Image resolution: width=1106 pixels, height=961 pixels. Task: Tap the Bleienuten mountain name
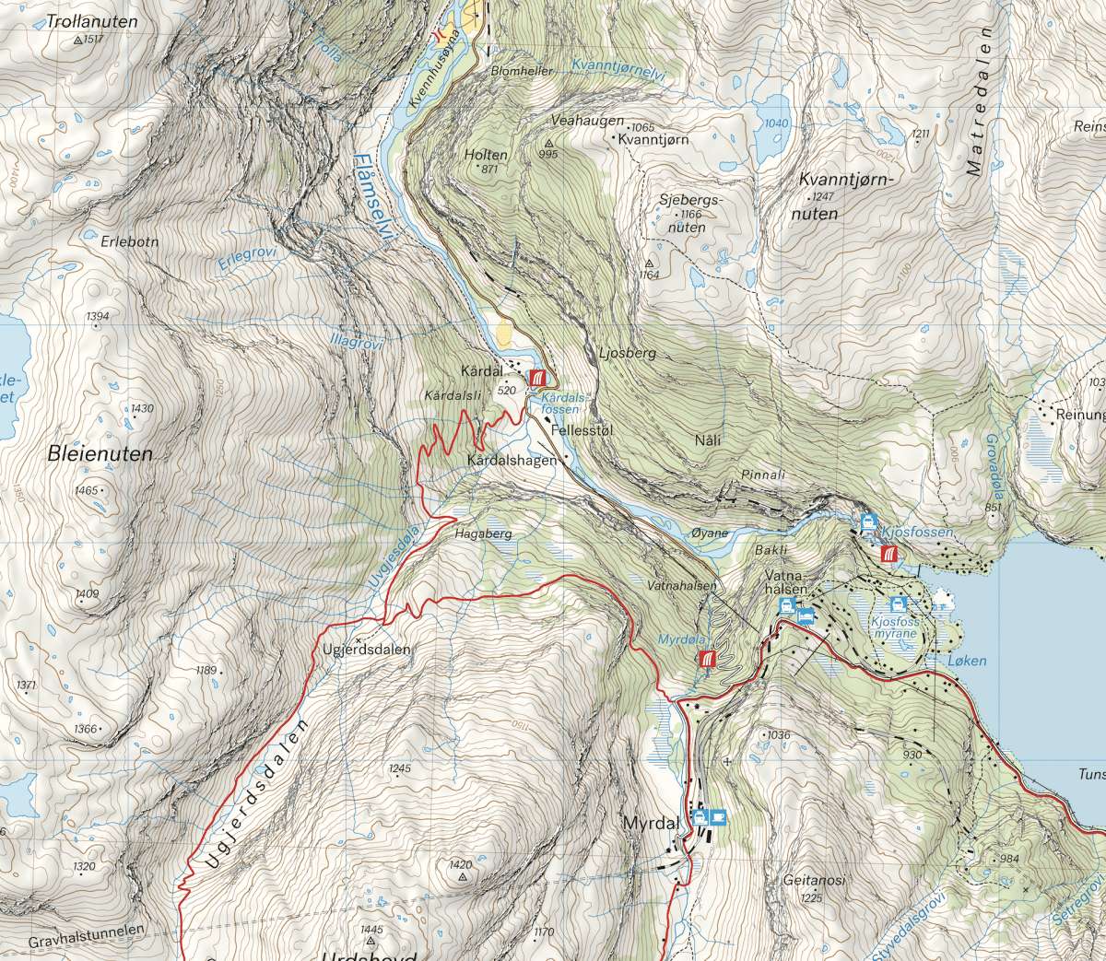click(100, 453)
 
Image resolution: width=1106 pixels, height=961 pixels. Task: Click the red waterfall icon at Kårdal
click(538, 378)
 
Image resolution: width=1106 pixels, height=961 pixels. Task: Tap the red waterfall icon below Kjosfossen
click(888, 554)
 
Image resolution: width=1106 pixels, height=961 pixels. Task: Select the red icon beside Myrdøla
click(708, 659)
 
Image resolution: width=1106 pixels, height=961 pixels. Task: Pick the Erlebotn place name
click(131, 241)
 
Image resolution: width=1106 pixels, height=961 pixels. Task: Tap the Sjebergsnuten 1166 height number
click(690, 214)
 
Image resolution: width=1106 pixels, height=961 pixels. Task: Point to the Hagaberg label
click(482, 533)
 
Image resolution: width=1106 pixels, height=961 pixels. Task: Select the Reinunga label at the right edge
click(1080, 415)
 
